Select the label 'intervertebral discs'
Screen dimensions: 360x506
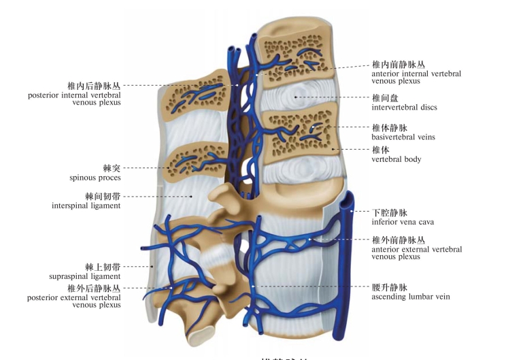(x=404, y=107)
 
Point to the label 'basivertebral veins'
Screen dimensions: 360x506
(x=403, y=137)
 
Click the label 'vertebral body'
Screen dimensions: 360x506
(x=397, y=159)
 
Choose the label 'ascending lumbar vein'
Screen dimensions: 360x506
(x=410, y=297)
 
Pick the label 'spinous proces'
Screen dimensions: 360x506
(x=95, y=178)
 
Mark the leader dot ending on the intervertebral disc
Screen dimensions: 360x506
(x=295, y=97)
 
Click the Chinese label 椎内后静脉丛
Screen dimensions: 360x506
(x=93, y=86)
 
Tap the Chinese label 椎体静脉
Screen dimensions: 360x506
(x=388, y=127)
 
